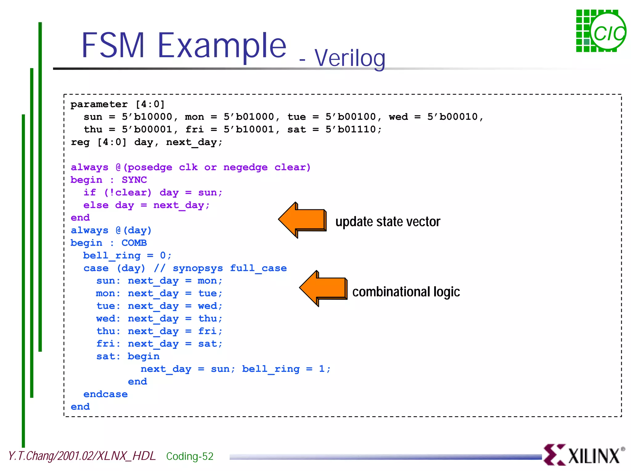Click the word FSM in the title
(113, 46)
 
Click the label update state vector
(388, 222)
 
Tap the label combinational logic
(406, 292)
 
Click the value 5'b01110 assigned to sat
(353, 130)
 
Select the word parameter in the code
(99, 104)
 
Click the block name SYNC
(134, 180)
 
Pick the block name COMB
(134, 243)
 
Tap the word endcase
(105, 394)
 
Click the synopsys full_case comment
(221, 268)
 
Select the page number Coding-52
(189, 456)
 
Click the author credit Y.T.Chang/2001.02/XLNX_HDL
(82, 456)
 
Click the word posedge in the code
(150, 167)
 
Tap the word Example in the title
(222, 46)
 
